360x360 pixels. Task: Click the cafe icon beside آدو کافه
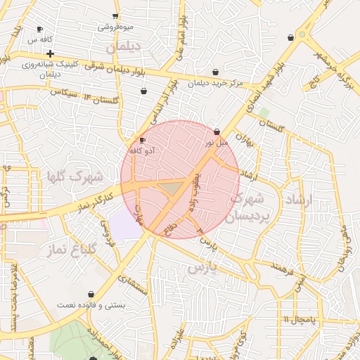pyautogui.click(x=143, y=141)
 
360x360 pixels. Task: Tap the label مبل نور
pyautogui.click(x=217, y=143)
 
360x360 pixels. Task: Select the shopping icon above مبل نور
pyautogui.click(x=217, y=132)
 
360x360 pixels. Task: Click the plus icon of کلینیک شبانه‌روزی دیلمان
pyautogui.click(x=50, y=53)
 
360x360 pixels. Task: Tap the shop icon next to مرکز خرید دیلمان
pyautogui.click(x=215, y=72)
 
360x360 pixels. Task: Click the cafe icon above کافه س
pyautogui.click(x=39, y=30)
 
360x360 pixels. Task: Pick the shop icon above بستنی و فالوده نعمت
pyautogui.click(x=91, y=295)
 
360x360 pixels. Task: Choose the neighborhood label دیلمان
pyautogui.click(x=124, y=46)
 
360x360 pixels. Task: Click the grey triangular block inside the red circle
pyautogui.click(x=171, y=188)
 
